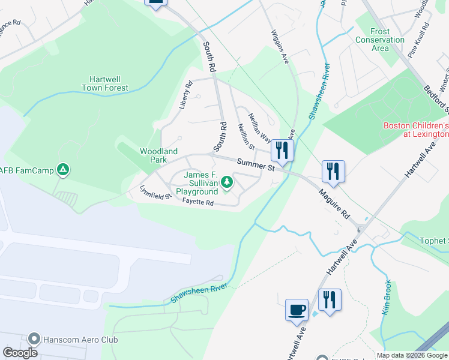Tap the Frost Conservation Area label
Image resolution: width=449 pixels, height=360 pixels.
tap(380, 40)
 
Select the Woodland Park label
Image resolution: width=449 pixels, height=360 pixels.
tap(158, 156)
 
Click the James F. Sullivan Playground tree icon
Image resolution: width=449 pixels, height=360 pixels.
tap(226, 181)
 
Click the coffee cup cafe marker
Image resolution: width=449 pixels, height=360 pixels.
tap(297, 310)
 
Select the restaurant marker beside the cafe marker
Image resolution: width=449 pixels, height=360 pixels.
tap(329, 299)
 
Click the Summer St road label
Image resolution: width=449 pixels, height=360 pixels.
tap(255, 164)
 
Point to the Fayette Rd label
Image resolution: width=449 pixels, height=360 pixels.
tap(199, 203)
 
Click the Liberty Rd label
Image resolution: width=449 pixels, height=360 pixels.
tap(185, 95)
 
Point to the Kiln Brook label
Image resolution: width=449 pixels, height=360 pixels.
tap(387, 298)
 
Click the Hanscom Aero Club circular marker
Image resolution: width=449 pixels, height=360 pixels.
tap(34, 340)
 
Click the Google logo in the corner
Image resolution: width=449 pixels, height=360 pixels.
tap(20, 353)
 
